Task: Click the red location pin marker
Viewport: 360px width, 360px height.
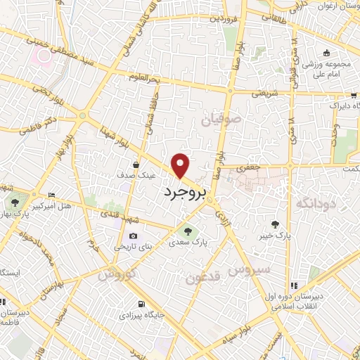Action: [x=181, y=165]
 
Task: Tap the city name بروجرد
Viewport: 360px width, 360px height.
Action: [x=184, y=193]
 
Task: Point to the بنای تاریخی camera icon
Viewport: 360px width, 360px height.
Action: [x=132, y=236]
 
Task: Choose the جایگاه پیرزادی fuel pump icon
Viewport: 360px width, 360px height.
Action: [x=143, y=304]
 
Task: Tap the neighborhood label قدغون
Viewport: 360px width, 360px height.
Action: [x=203, y=277]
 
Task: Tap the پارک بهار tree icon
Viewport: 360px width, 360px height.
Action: [x=15, y=202]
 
